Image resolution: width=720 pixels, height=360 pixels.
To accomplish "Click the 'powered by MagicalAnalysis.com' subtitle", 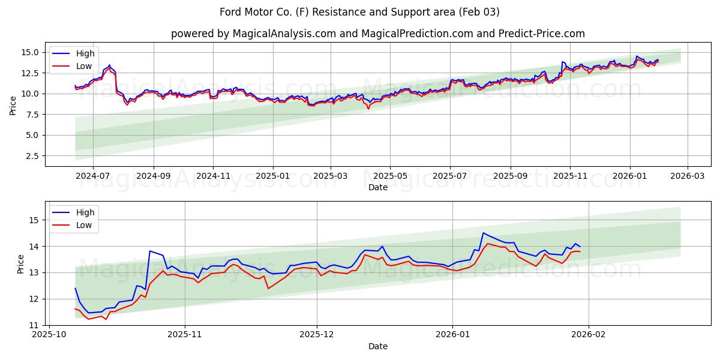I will click(x=377, y=34).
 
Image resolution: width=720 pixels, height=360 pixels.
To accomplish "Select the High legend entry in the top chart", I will click(x=85, y=53).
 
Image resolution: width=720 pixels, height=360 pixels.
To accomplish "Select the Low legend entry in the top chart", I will click(x=84, y=66).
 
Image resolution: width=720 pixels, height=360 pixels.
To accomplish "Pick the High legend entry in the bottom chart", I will click(x=85, y=212).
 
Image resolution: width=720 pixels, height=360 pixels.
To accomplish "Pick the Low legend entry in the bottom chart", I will click(x=84, y=225).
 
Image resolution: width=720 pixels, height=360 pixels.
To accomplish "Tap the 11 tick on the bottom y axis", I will click(x=36, y=325).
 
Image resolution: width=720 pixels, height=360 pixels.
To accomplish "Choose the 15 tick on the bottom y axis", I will click(x=36, y=220).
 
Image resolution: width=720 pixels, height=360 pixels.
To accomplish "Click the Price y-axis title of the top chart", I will click(x=13, y=105).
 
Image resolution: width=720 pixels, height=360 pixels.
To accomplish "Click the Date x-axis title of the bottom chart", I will click(x=377, y=346).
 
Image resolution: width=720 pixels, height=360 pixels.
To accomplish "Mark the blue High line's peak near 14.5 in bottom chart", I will click(x=483, y=233).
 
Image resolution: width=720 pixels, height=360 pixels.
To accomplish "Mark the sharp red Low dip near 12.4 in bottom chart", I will click(x=268, y=289).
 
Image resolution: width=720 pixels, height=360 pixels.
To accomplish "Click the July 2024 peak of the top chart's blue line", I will click(x=109, y=65).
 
